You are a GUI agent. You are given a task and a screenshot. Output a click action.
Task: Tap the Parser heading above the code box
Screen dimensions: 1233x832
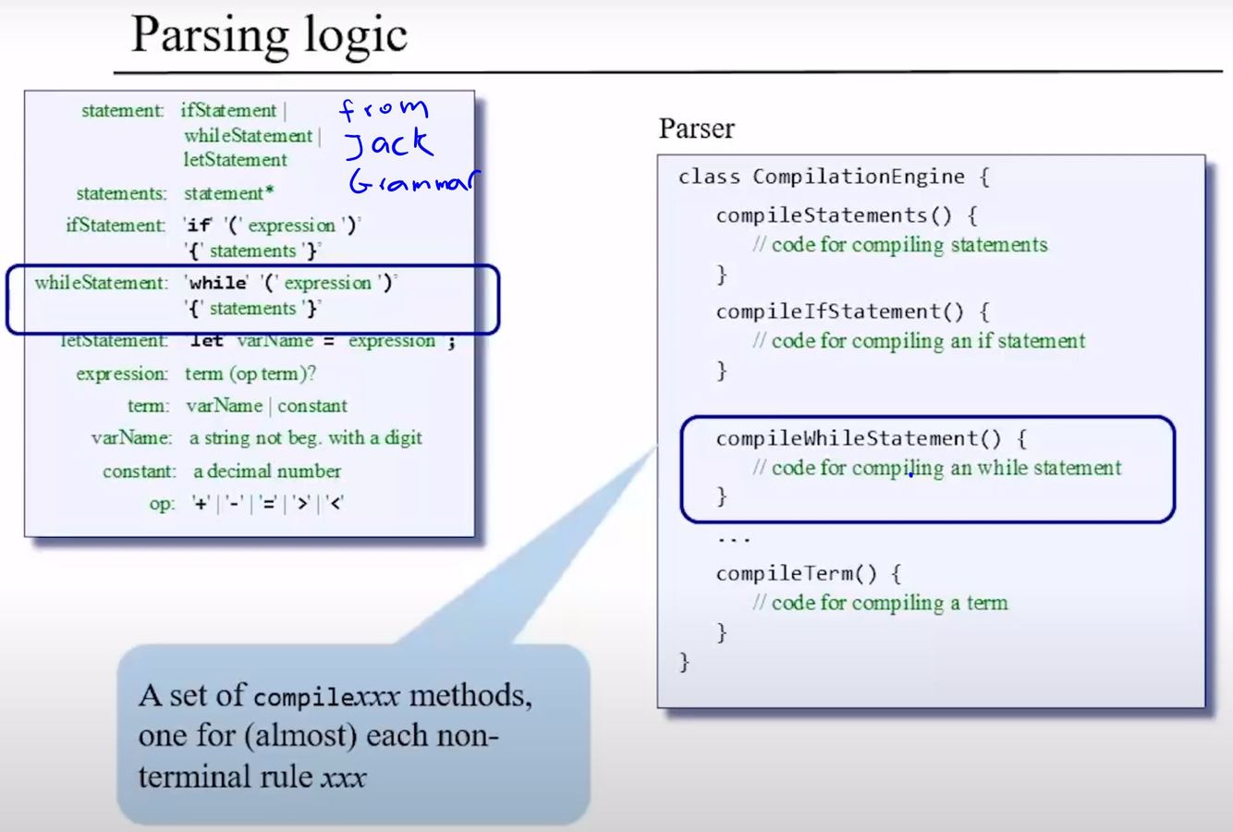point(696,128)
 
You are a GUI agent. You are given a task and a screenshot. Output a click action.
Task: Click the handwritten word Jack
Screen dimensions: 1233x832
point(388,144)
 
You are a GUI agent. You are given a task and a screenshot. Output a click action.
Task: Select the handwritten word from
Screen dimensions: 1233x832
point(385,109)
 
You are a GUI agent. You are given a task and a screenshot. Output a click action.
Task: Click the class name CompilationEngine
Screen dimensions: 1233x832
point(859,177)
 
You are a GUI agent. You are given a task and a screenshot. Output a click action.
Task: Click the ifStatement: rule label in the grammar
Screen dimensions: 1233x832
point(116,226)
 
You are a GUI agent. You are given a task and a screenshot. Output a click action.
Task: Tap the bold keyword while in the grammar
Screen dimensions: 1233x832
point(218,283)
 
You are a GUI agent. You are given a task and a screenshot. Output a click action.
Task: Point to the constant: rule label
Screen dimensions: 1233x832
point(139,471)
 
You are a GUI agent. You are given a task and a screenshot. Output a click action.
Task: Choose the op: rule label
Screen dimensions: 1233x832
point(162,504)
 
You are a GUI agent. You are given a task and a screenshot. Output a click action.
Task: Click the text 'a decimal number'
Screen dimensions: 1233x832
point(267,471)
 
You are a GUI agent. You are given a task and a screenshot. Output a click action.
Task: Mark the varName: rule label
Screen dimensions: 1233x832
point(131,438)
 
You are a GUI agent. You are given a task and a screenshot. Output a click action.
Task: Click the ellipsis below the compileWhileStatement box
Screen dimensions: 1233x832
point(734,538)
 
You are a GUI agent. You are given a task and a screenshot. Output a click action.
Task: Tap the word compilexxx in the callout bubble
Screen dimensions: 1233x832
point(325,696)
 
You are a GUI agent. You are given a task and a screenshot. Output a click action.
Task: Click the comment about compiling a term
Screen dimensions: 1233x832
point(880,603)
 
